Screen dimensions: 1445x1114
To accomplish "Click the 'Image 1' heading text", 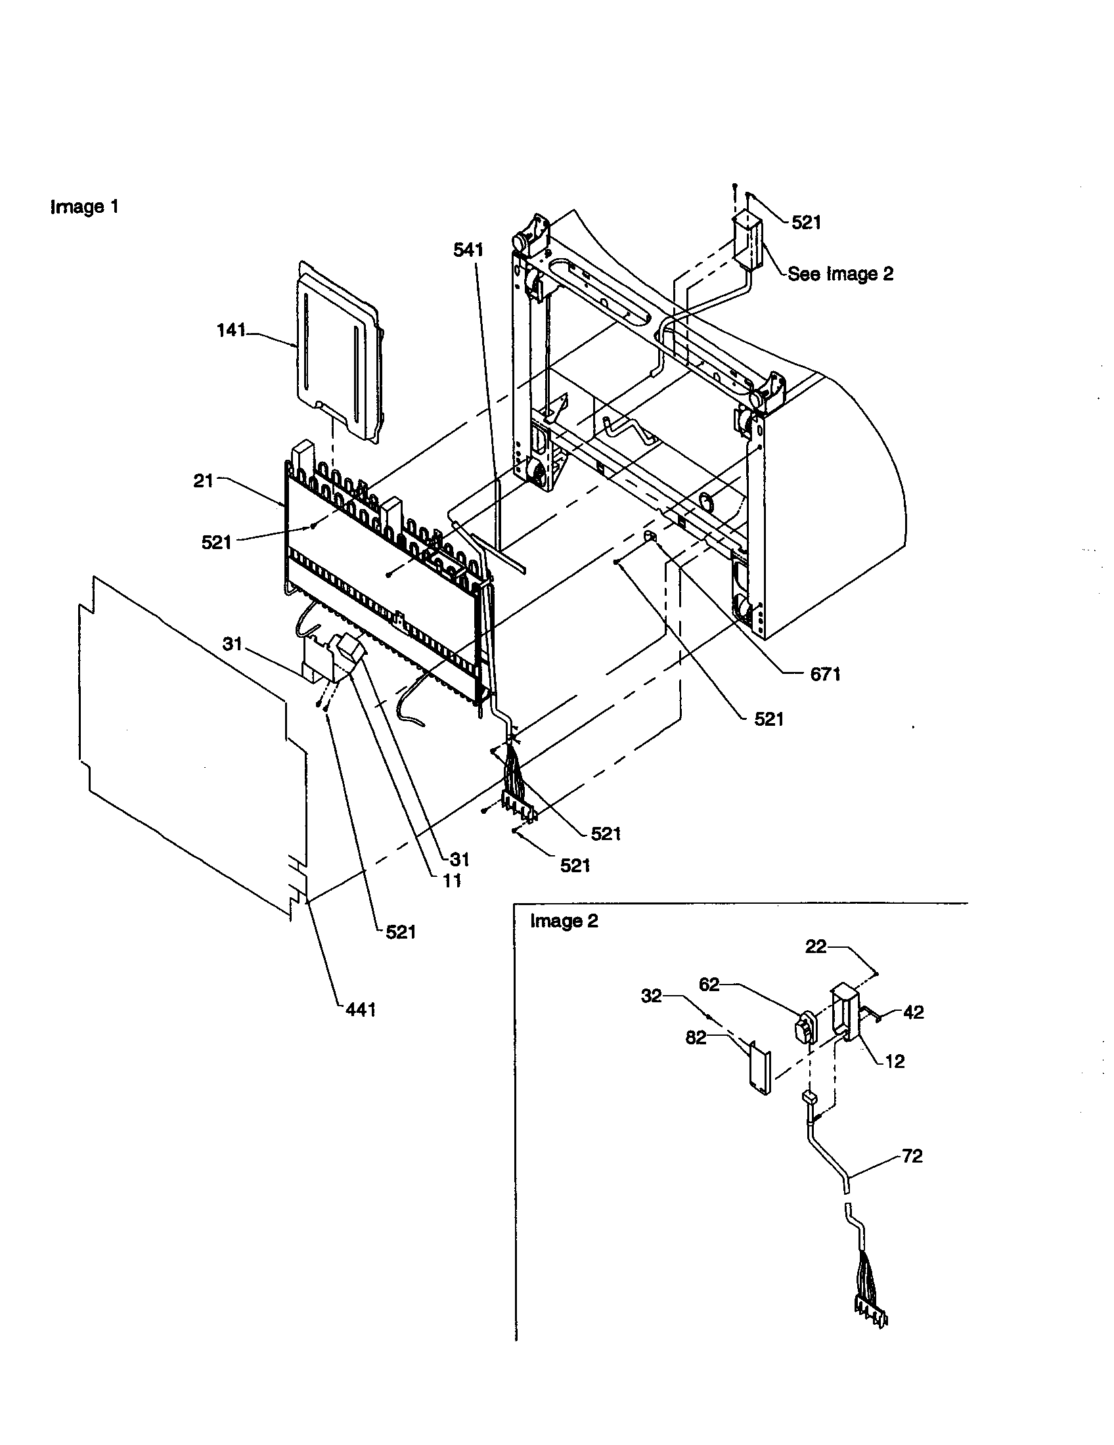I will [x=85, y=207].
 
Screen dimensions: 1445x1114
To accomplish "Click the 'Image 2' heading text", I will [x=564, y=921].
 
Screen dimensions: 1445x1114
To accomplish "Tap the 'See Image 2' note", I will [x=839, y=274].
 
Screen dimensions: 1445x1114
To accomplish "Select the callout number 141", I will [x=231, y=330].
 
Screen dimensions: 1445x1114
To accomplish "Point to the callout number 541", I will [x=468, y=250].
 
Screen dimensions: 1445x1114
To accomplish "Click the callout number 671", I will [x=825, y=673].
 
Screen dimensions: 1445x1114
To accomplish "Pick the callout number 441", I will [x=361, y=1009].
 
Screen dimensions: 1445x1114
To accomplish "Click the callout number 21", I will [x=203, y=481].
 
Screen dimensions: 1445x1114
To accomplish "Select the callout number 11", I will [x=452, y=880].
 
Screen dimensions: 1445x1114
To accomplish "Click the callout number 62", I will [x=709, y=985].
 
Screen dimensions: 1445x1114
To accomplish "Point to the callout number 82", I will [x=695, y=1037].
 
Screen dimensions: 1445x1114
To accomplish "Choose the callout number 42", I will [x=913, y=1012].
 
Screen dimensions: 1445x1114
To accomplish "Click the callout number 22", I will [x=816, y=946].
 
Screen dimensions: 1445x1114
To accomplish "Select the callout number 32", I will [x=651, y=996].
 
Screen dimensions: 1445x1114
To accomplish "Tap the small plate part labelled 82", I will [x=759, y=1067].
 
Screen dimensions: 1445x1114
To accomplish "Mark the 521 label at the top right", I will [x=806, y=222].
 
